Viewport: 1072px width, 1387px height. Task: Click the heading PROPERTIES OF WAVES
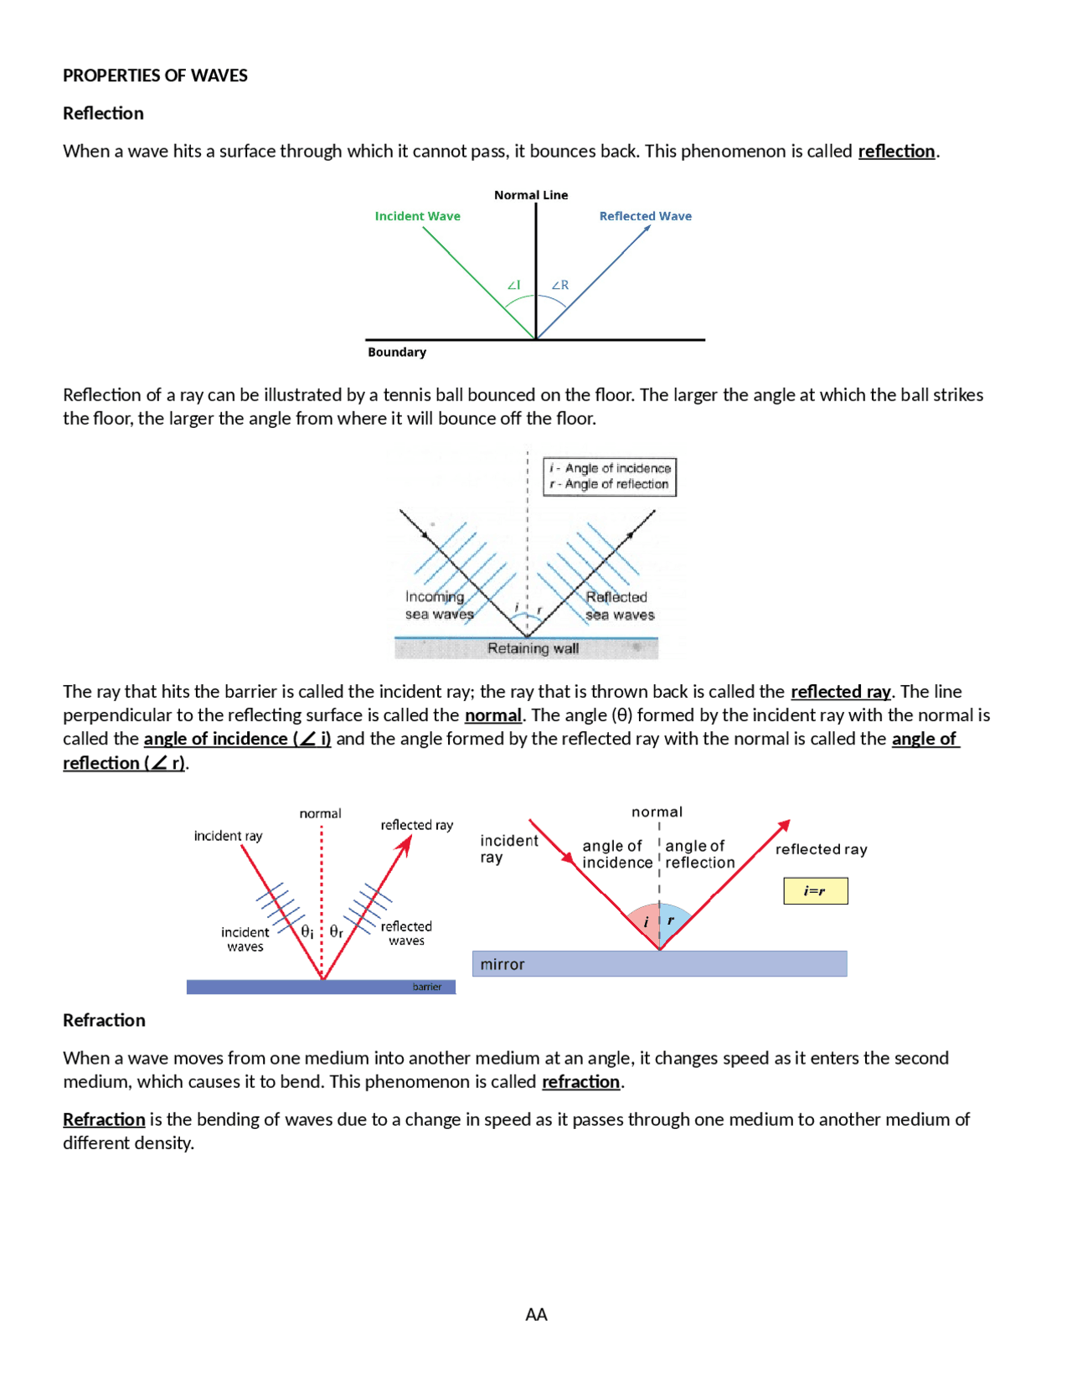coord(155,75)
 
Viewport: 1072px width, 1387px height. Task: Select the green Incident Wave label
coord(417,216)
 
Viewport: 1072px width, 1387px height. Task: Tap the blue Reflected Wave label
coord(645,216)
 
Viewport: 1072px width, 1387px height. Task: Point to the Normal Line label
coord(531,195)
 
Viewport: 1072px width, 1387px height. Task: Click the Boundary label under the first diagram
coord(397,352)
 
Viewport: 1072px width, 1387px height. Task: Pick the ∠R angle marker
coord(559,285)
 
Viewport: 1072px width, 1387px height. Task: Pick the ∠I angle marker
coord(513,285)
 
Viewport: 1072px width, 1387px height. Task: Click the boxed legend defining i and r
coord(610,477)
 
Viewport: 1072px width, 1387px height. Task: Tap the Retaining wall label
coord(533,648)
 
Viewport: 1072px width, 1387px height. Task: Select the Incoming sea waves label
coord(438,606)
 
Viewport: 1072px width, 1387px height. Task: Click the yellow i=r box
coord(815,891)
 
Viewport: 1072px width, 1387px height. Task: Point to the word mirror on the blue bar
coord(502,965)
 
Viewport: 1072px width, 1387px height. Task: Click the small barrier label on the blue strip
coord(426,987)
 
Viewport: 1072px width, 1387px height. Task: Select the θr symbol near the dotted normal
coord(336,931)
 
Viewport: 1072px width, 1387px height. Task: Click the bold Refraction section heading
coord(104,1020)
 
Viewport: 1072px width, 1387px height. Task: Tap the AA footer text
coord(536,1314)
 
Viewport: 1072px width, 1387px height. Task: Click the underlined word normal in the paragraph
coord(492,715)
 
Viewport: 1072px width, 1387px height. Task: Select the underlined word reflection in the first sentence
coord(896,151)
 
